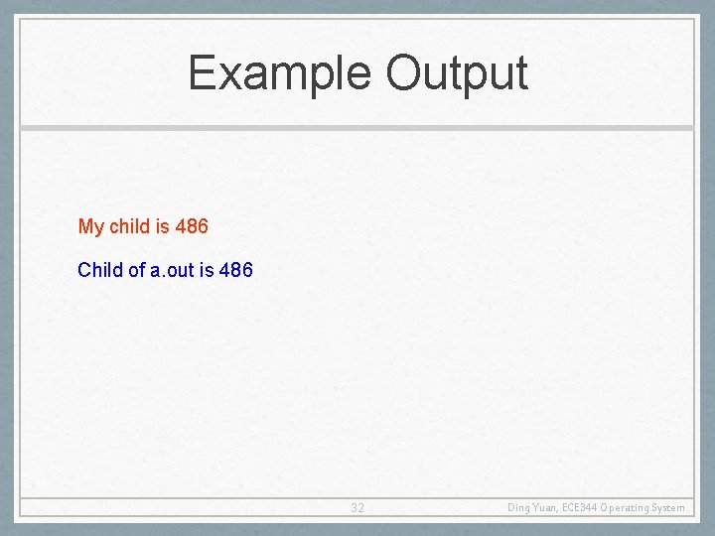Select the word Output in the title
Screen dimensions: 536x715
coord(456,74)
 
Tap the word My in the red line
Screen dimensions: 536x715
coord(90,227)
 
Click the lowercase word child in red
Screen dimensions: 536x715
coord(129,226)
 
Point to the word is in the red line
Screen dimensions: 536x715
coord(162,226)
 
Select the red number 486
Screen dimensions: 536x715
coord(192,226)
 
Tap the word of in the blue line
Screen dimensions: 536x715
coord(137,269)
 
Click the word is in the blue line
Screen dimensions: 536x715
coord(207,269)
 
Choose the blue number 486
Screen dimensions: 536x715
coord(236,269)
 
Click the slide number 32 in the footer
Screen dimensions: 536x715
coord(357,508)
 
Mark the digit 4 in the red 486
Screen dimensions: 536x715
coord(180,226)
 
